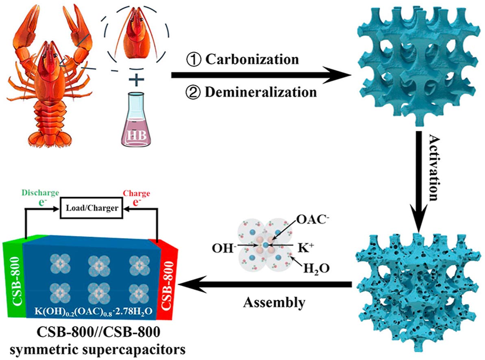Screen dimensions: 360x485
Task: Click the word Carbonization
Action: pyautogui.click(x=252, y=59)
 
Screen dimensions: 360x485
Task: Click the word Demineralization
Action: pyautogui.click(x=260, y=92)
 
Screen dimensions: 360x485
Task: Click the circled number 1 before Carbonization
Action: pyautogui.click(x=194, y=60)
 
